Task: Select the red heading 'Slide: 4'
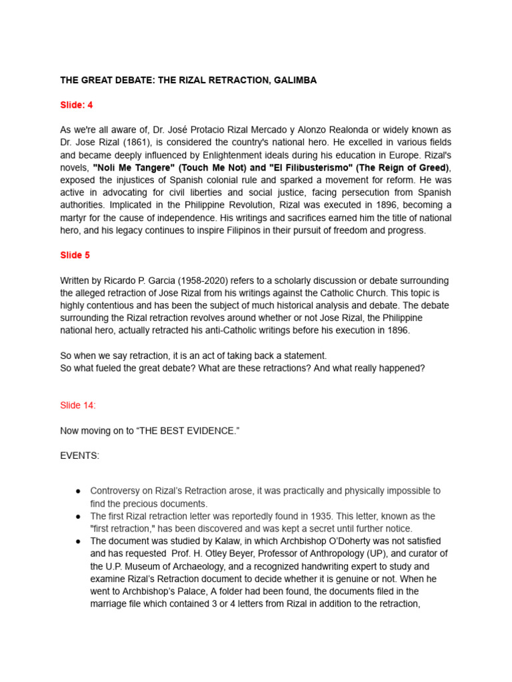pyautogui.click(x=77, y=105)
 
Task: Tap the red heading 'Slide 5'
pyautogui.click(x=75, y=255)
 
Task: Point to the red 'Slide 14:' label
pyautogui.click(x=78, y=405)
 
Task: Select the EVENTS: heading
pyautogui.click(x=79, y=456)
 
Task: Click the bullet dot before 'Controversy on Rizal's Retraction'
pyautogui.click(x=78, y=491)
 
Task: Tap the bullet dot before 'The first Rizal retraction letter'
pyautogui.click(x=78, y=516)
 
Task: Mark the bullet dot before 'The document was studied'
pyautogui.click(x=78, y=541)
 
